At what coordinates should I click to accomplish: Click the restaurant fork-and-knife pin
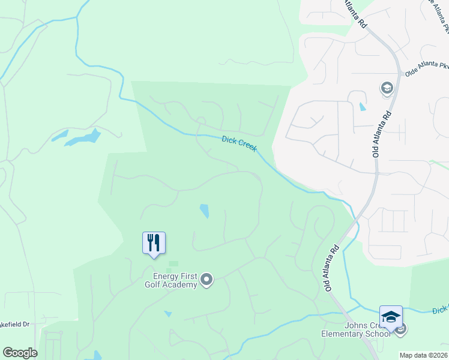pyautogui.click(x=154, y=243)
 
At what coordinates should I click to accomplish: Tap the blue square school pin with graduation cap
pyautogui.click(x=391, y=316)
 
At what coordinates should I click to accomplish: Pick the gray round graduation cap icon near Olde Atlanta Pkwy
pyautogui.click(x=387, y=89)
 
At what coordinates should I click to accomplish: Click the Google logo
pyautogui.click(x=20, y=352)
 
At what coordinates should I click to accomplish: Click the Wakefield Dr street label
pyautogui.click(x=15, y=324)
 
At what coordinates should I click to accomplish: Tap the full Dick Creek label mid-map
pyautogui.click(x=240, y=143)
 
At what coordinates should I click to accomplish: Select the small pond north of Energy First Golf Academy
pyautogui.click(x=205, y=211)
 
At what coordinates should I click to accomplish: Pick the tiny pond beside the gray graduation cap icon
pyautogui.click(x=361, y=107)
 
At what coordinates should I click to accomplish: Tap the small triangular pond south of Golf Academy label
pyautogui.click(x=167, y=314)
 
